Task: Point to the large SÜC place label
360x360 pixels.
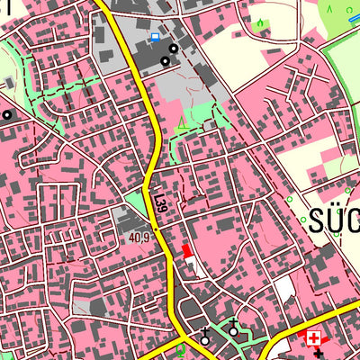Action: click(334, 221)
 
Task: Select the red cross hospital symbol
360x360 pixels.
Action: click(313, 338)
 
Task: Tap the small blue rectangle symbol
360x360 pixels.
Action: click(155, 37)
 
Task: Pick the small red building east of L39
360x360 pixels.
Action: click(185, 251)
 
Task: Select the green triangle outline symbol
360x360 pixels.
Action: click(184, 124)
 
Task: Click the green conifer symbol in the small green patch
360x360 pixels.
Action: click(260, 21)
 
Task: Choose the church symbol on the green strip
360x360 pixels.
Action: click(234, 329)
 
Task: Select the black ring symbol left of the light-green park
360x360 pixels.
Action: click(7, 114)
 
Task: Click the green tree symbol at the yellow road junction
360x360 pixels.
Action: click(181, 346)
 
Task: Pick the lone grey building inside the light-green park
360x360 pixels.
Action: click(8, 82)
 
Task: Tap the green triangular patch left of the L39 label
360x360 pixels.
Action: click(137, 201)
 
